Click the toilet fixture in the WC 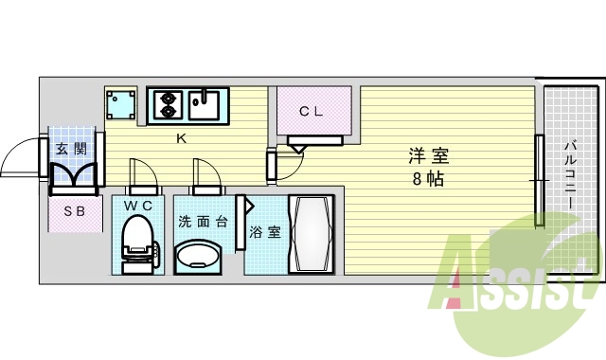coord(138,241)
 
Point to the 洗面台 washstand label coord(201,222)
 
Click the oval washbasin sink coord(200,255)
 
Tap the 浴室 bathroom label coord(264,231)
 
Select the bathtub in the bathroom coord(311,233)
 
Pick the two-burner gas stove coord(167,103)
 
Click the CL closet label coord(312,111)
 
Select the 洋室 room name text coord(429,156)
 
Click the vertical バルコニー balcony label coord(573,179)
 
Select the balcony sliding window coord(538,180)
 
